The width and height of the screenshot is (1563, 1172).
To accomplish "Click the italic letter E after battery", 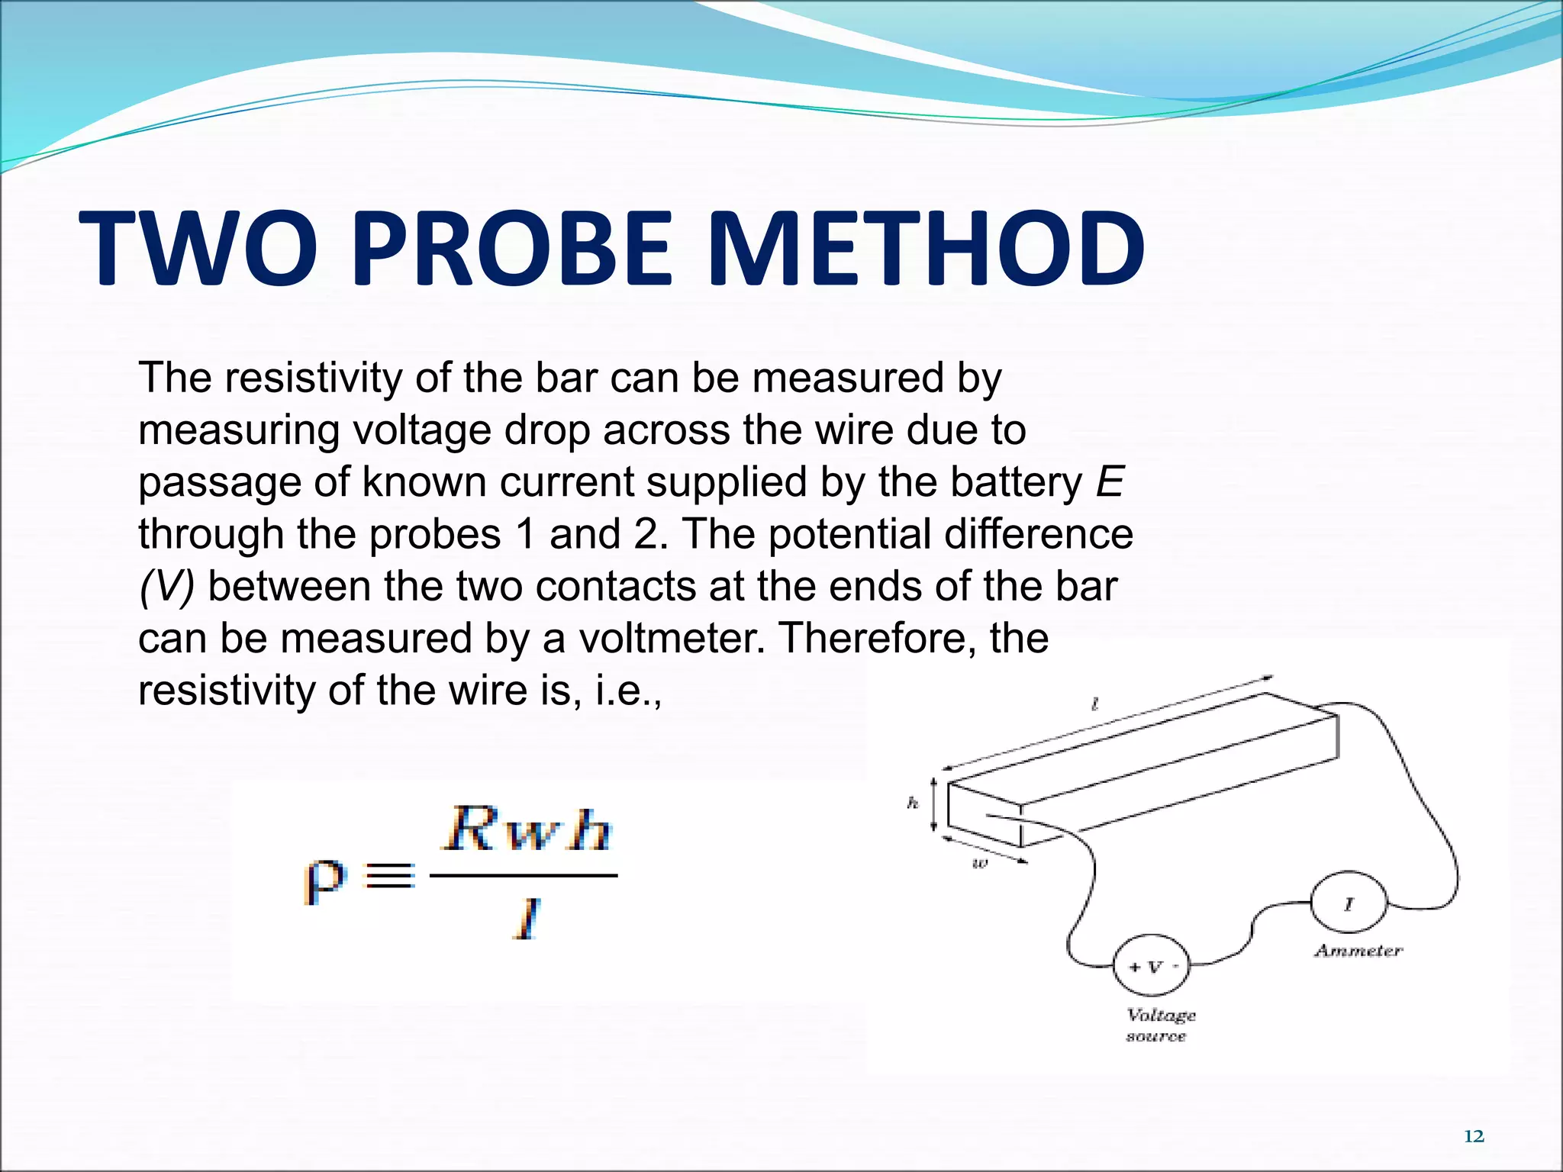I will (x=1110, y=482).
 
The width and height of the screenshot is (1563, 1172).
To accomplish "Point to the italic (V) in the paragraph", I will (x=167, y=587).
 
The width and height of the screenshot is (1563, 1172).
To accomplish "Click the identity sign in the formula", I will (x=390, y=876).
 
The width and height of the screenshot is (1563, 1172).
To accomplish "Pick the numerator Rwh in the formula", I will (x=527, y=829).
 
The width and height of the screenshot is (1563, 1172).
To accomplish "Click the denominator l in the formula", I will (x=526, y=919).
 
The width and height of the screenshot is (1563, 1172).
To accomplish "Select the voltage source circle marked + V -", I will (x=1152, y=967).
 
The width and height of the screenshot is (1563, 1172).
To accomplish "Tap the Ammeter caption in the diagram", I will (x=1358, y=951).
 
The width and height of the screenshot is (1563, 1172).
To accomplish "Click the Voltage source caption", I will (x=1160, y=1025).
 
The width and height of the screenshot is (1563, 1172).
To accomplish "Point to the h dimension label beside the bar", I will (x=913, y=802).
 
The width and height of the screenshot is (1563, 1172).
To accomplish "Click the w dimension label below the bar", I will (x=980, y=864).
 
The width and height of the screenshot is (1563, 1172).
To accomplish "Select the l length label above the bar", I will (x=1095, y=704).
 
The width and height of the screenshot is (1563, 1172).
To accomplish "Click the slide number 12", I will (x=1474, y=1136).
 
